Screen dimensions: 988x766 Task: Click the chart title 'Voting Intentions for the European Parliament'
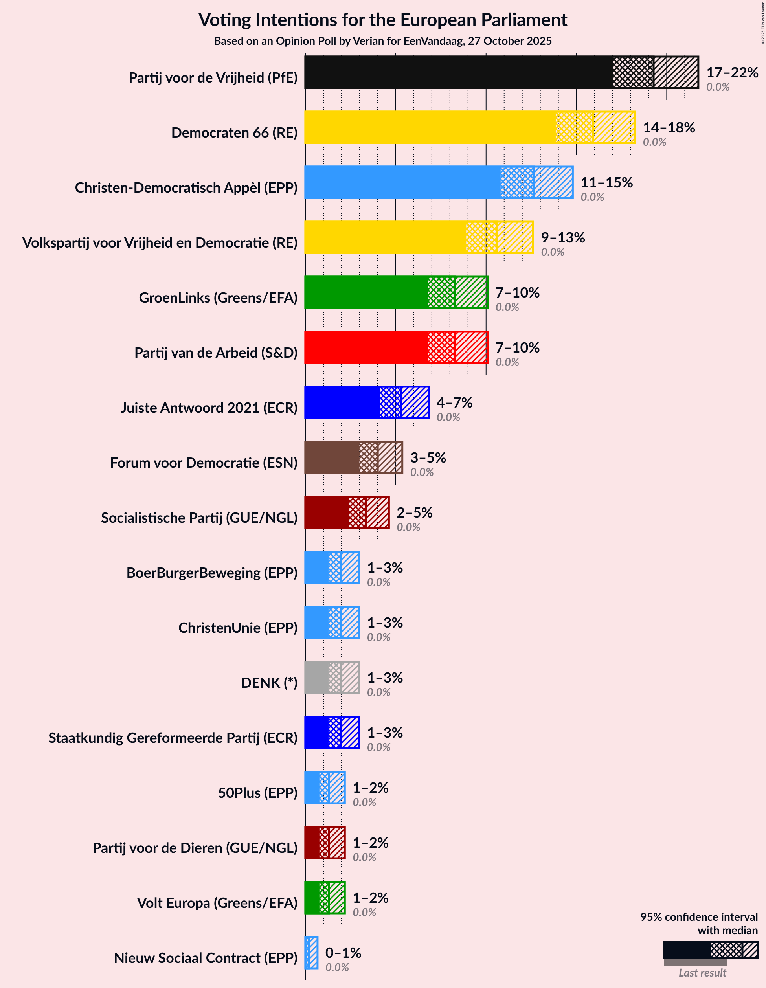click(383, 20)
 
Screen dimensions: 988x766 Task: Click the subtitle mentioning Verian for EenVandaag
click(383, 41)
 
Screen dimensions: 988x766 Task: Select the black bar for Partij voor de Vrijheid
click(457, 72)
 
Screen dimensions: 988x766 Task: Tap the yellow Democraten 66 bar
click(430, 128)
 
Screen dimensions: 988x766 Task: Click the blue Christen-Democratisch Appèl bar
click(403, 182)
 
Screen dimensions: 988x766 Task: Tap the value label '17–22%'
click(732, 72)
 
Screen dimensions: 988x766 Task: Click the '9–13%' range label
click(563, 237)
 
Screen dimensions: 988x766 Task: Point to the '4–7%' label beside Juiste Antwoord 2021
click(454, 402)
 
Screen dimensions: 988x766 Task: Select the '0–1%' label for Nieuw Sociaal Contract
click(343, 953)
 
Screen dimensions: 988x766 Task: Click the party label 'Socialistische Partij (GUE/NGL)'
click(199, 518)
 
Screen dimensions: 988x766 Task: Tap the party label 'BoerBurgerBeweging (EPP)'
click(212, 573)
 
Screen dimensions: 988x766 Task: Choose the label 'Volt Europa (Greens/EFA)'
click(217, 903)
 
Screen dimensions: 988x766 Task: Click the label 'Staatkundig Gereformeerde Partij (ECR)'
click(173, 738)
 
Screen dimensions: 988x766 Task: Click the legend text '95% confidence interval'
click(698, 917)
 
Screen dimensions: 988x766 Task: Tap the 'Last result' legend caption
click(702, 973)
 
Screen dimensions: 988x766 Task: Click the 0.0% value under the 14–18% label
click(654, 142)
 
